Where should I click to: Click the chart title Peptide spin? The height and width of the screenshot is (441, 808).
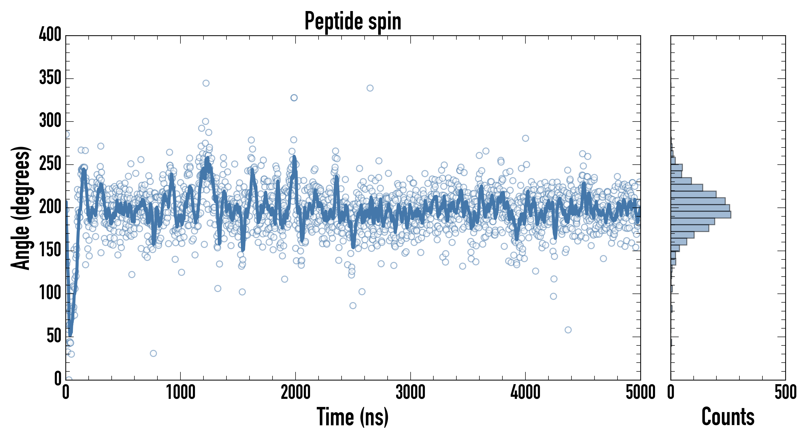[x=353, y=21]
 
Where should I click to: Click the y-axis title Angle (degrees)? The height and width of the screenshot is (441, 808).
[x=21, y=208]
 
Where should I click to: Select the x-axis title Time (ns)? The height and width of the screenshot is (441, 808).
[x=353, y=417]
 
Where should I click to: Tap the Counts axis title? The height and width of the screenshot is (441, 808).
[x=728, y=417]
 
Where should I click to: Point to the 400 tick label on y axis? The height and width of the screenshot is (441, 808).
[x=50, y=34]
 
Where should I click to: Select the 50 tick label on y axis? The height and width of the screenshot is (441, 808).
[x=54, y=336]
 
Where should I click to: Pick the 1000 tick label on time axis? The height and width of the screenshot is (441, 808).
[x=181, y=392]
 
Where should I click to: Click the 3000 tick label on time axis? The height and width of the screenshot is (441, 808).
[x=410, y=392]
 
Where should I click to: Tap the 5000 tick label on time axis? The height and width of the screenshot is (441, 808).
[x=641, y=392]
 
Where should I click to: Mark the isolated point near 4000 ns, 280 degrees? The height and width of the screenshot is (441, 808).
[x=525, y=138]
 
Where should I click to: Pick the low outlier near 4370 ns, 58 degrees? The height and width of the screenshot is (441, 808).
[x=568, y=330]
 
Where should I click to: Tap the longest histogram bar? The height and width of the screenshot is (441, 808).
[x=701, y=215]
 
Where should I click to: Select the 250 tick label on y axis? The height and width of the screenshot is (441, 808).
[x=50, y=164]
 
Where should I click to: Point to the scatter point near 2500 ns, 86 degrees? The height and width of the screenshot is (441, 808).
[x=353, y=306]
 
